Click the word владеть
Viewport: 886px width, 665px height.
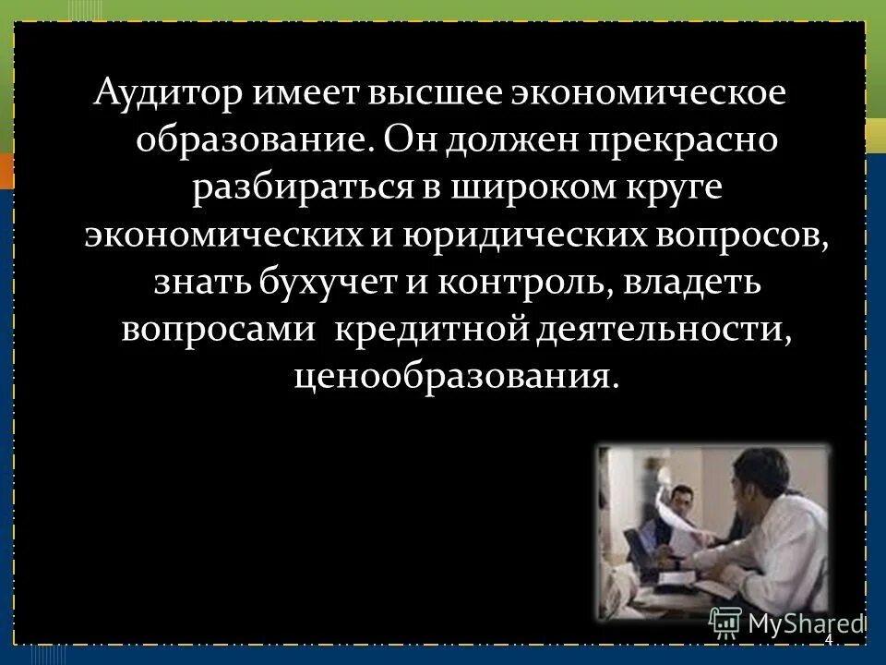692,281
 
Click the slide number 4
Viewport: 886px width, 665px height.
828,640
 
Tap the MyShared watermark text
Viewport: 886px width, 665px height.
803,622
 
